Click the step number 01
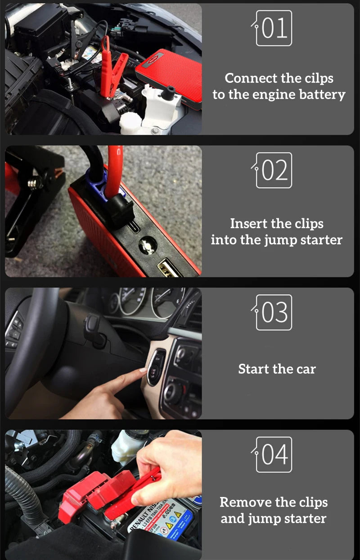[x=274, y=28]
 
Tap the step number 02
[x=274, y=170]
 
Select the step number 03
[x=274, y=312]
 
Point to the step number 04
[x=274, y=455]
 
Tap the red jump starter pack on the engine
[x=169, y=74]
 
